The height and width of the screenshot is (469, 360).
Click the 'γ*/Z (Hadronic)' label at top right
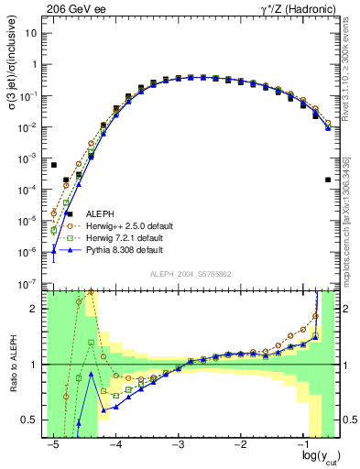(301, 8)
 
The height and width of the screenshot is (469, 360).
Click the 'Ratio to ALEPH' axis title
(12, 363)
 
